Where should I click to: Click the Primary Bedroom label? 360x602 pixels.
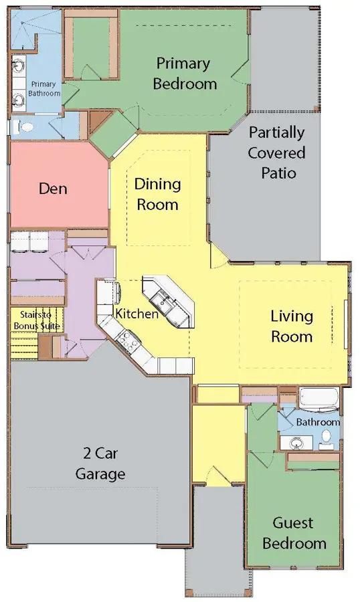(x=185, y=74)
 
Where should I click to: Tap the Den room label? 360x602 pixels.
(x=53, y=189)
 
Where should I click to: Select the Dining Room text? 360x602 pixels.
(x=157, y=194)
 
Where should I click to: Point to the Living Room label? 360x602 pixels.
(x=292, y=326)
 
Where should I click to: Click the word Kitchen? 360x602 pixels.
(x=137, y=314)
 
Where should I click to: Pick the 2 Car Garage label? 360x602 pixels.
(x=100, y=464)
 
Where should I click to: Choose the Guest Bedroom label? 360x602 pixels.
(x=294, y=533)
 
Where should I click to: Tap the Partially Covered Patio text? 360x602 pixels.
(x=276, y=153)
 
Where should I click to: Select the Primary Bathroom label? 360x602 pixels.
(x=43, y=89)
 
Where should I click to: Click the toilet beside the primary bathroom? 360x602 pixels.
(x=24, y=126)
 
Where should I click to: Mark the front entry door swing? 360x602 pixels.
(x=219, y=476)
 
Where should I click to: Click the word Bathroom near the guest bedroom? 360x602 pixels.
(x=318, y=422)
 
